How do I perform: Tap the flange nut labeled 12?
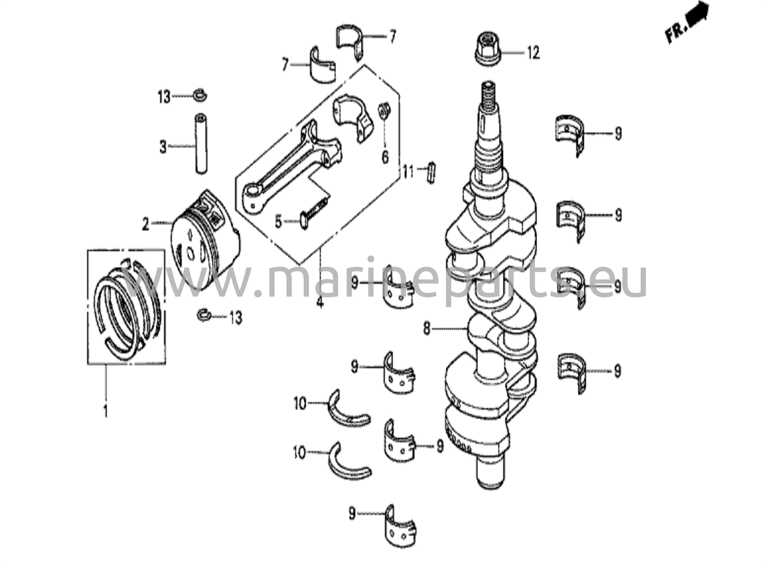click(487, 51)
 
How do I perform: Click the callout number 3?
click(163, 147)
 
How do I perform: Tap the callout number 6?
click(385, 157)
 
